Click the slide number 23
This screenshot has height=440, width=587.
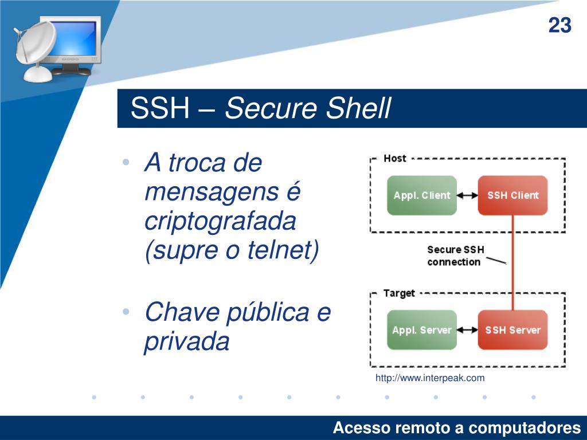click(x=560, y=26)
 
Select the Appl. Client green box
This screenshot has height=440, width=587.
click(x=422, y=195)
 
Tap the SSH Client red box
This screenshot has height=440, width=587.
click(x=512, y=195)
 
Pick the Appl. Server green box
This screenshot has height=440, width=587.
click(x=422, y=330)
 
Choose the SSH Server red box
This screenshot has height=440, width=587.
click(x=512, y=330)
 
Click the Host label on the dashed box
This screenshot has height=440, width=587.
click(x=394, y=158)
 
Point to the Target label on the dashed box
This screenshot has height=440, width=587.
click(x=398, y=293)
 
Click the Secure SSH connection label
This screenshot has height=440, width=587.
click(x=455, y=256)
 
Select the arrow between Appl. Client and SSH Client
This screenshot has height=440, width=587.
click(x=467, y=195)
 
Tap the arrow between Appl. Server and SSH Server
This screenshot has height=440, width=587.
click(x=467, y=330)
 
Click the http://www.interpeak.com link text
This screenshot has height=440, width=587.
click(x=430, y=378)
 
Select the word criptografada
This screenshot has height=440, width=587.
click(x=220, y=222)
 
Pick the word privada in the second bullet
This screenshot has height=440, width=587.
click(x=186, y=342)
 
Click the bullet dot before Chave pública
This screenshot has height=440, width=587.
click(x=126, y=312)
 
